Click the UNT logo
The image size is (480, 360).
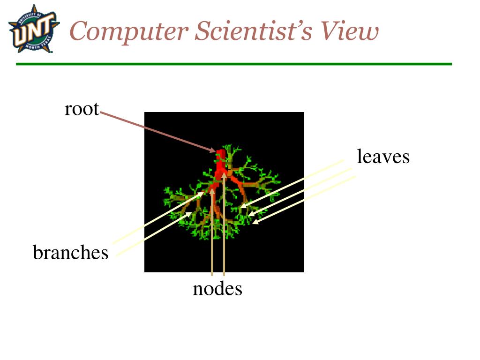tap(34, 29)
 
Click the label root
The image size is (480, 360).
tap(82, 109)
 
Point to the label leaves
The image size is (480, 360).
tap(383, 157)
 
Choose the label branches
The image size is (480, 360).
tap(70, 253)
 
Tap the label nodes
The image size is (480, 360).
tap(217, 289)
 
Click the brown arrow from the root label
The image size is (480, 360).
tap(155, 131)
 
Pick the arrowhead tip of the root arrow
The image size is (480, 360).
tap(215, 151)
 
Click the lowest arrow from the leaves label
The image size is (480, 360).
tap(305, 200)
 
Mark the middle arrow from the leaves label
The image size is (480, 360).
tap(300, 192)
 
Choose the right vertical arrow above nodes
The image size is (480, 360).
tap(224, 225)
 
